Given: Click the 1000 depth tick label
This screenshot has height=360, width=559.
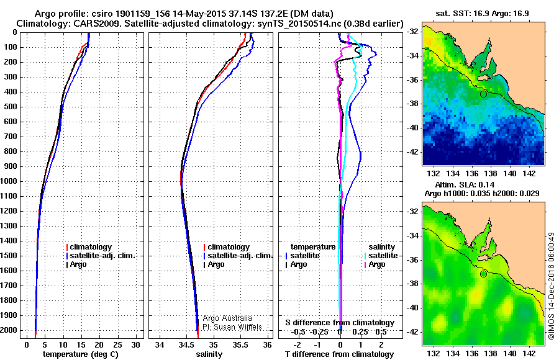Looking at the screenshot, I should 11,181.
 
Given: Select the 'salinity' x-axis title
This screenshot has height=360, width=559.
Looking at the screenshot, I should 209,354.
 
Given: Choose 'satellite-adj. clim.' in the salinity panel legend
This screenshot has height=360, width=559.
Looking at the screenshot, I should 240,256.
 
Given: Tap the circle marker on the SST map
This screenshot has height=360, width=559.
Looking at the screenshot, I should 483,94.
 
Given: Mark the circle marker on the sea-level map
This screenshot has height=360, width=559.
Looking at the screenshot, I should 483,274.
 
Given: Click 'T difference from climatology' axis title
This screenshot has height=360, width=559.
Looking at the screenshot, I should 339,354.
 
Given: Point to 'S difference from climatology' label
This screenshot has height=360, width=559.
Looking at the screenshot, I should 339,323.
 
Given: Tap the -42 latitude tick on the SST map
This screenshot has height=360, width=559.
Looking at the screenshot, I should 414,151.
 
